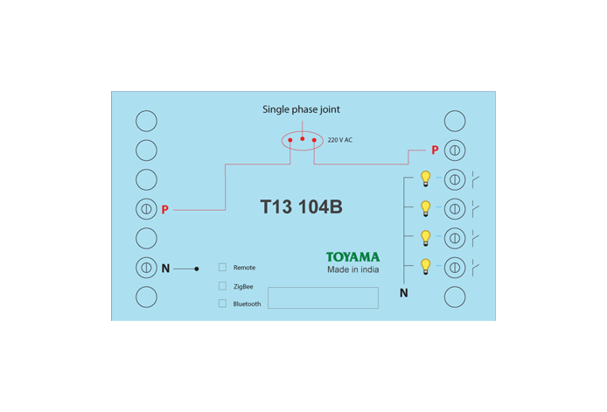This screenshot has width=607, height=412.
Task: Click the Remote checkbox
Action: click(x=222, y=267)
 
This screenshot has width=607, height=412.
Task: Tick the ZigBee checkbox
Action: click(x=222, y=286)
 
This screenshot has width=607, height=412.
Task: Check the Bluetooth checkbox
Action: click(x=222, y=304)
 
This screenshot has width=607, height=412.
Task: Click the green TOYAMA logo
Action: click(x=352, y=257)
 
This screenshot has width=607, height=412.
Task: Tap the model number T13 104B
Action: click(x=301, y=206)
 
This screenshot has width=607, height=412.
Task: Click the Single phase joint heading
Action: click(x=301, y=109)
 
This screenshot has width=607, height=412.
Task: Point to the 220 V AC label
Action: click(x=340, y=140)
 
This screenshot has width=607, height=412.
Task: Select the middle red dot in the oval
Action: click(x=303, y=138)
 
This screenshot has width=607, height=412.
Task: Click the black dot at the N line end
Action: click(x=197, y=269)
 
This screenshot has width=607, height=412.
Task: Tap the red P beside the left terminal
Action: click(x=165, y=209)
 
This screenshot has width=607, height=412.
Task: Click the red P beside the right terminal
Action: click(x=435, y=150)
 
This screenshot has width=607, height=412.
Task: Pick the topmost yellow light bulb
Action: click(x=425, y=178)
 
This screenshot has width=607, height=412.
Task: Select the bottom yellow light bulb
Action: click(x=425, y=267)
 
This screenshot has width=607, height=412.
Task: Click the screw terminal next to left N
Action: click(x=146, y=268)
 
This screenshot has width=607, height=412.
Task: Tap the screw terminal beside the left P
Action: click(x=146, y=209)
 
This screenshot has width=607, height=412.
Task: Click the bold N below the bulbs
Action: click(x=404, y=293)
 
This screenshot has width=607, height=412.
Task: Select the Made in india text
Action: click(x=353, y=269)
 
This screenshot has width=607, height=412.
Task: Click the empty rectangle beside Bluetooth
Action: click(x=268, y=297)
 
